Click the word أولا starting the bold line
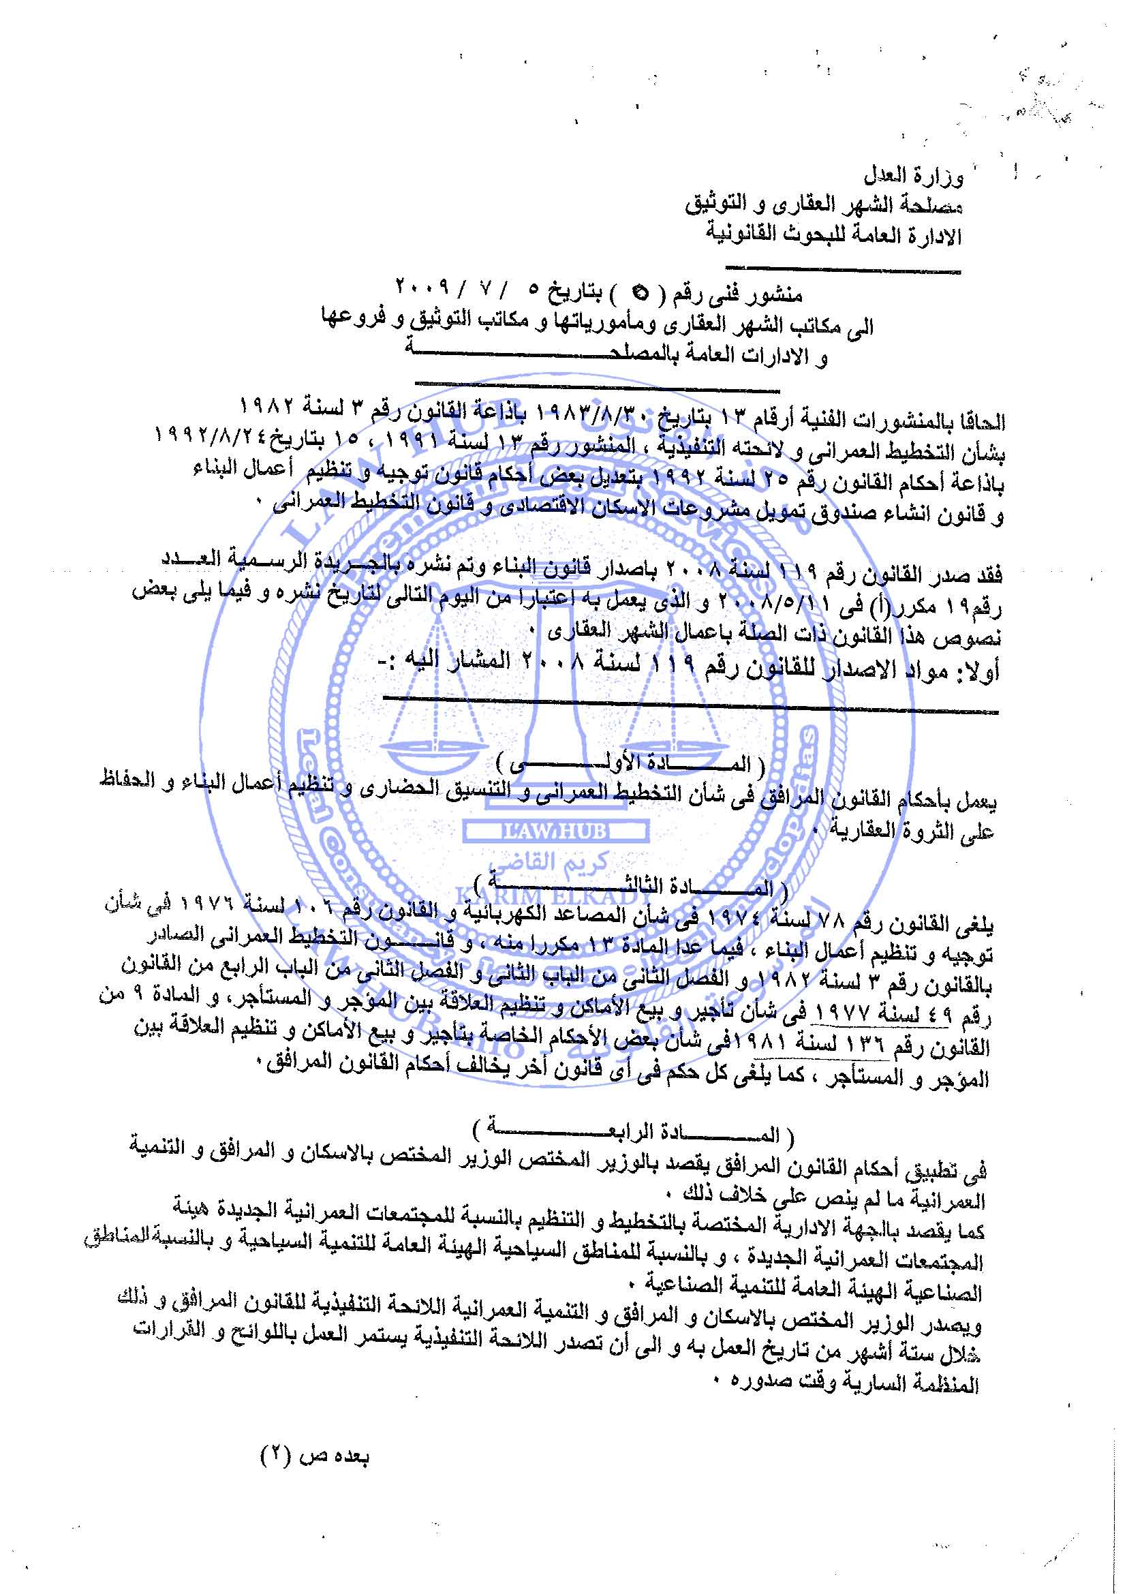pyautogui.click(x=975, y=671)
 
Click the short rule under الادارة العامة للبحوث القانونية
pyautogui.click(x=842, y=269)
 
